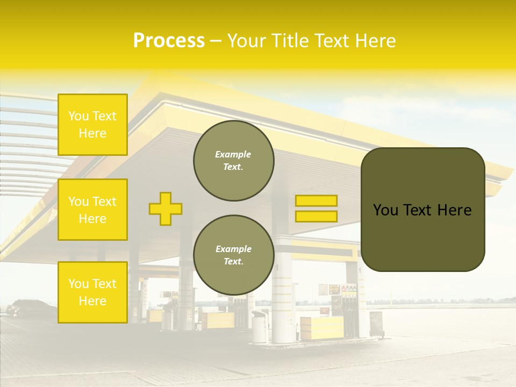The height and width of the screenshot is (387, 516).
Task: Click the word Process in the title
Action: [x=169, y=41]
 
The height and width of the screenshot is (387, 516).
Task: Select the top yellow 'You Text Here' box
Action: [x=92, y=125]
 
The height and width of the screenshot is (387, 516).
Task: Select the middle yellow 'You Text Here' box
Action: [x=92, y=210]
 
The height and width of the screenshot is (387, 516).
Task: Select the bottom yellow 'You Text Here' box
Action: [x=92, y=292]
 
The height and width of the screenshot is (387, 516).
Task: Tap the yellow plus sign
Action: [x=166, y=209]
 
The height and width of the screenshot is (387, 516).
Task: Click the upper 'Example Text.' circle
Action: [x=233, y=161]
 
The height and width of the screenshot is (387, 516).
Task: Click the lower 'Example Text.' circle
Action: [x=233, y=255]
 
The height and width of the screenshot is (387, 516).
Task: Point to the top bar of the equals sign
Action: [x=316, y=200]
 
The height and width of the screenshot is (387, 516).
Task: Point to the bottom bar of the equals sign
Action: [x=316, y=216]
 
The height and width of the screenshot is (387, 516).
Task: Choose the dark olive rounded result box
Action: [x=422, y=209]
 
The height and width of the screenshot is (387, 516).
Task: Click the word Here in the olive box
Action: [x=454, y=210]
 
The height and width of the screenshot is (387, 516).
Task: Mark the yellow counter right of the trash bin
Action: [x=321, y=327]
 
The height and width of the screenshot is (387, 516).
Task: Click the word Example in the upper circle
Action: [x=233, y=154]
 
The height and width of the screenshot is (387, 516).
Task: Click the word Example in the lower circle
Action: [x=233, y=249]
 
